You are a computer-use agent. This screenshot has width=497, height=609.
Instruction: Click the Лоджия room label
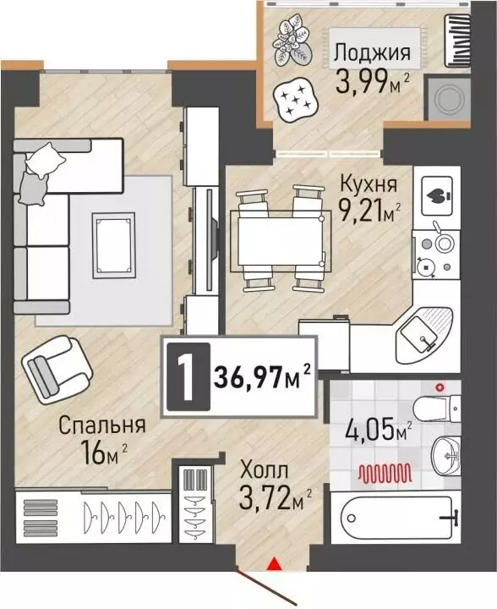[x=372, y=52]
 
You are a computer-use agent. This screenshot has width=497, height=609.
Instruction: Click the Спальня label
[x=101, y=425]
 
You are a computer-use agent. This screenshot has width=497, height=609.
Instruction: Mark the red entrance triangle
[x=273, y=562]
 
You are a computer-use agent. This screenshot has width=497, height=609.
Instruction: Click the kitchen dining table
[x=278, y=239]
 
